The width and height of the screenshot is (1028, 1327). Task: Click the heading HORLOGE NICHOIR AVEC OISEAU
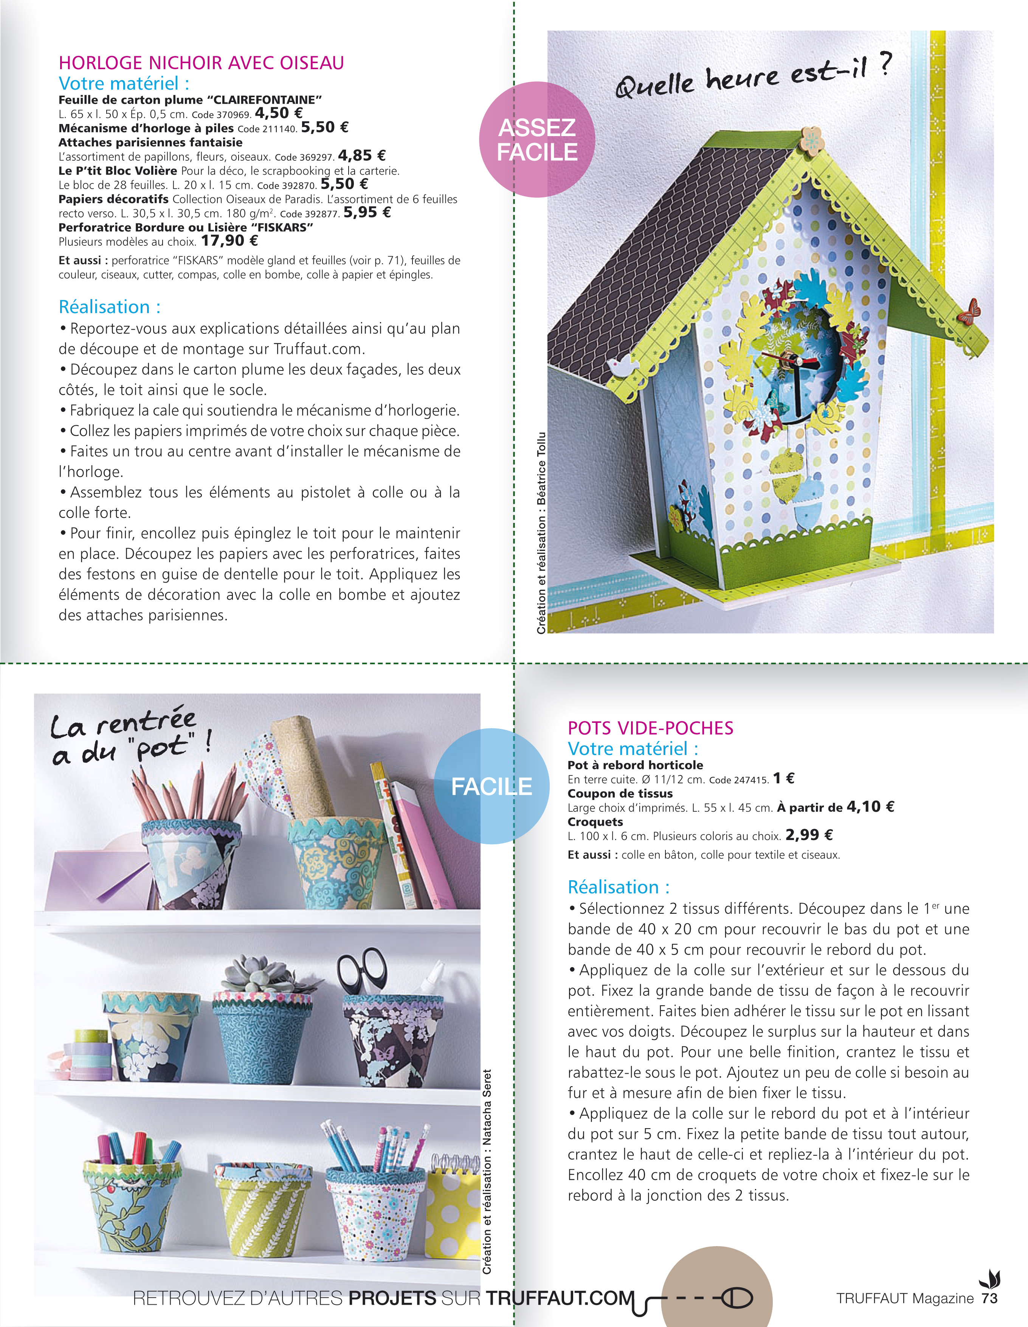tap(201, 63)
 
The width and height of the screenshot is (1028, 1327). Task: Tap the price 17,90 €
tap(229, 240)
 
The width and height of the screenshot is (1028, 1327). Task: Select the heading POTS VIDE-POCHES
tap(650, 728)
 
